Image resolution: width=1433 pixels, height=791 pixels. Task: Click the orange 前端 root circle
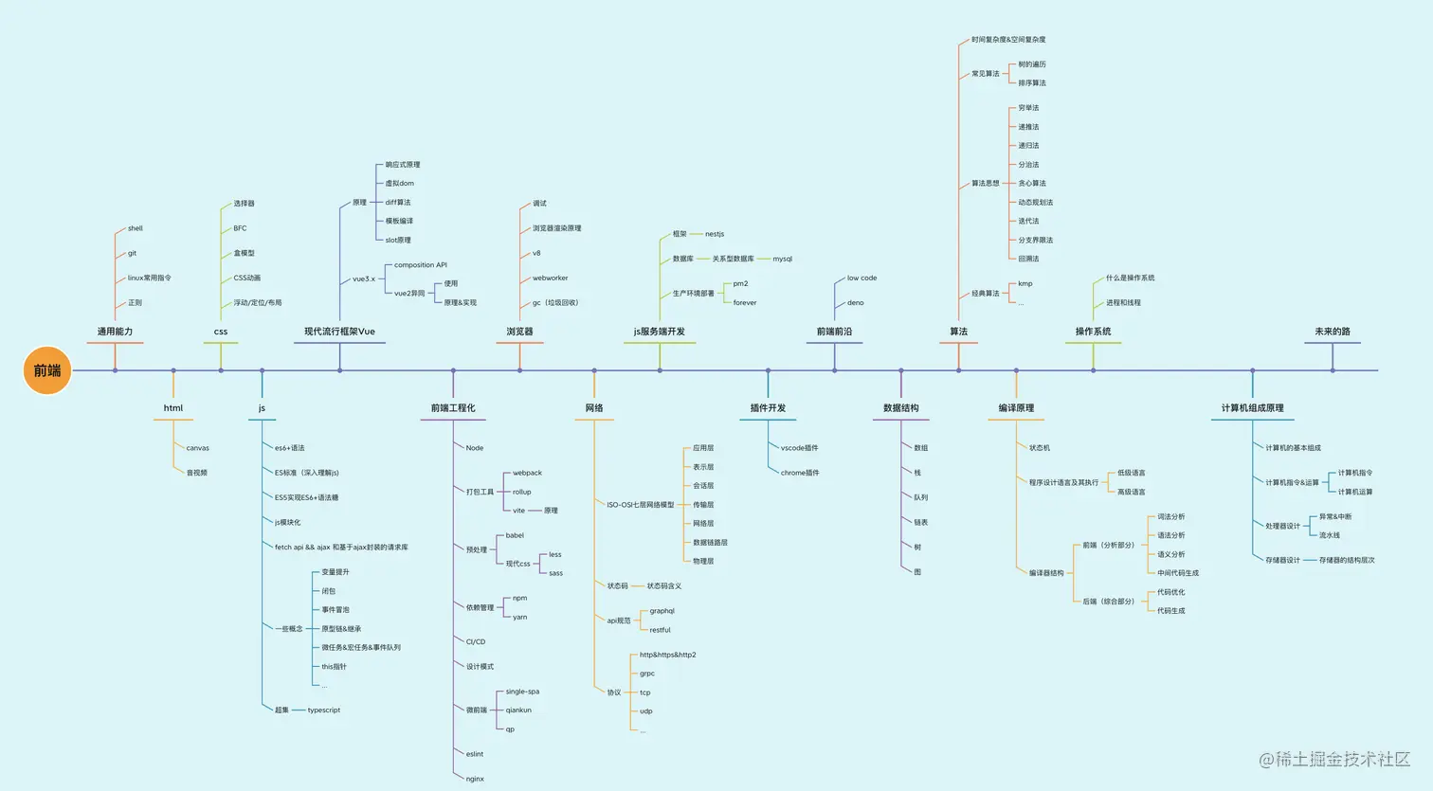pyautogui.click(x=47, y=370)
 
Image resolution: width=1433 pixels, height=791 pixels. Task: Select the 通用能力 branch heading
pyautogui.click(x=115, y=332)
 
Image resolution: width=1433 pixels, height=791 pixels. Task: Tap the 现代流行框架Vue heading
pyautogui.click(x=339, y=332)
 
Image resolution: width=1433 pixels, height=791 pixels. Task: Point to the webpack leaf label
pyautogui.click(x=527, y=473)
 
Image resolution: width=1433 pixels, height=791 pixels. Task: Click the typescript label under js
pyautogui.click(x=323, y=710)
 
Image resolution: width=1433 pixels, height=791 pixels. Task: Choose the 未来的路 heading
pyautogui.click(x=1332, y=332)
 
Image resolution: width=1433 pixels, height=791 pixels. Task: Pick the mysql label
pyautogui.click(x=782, y=259)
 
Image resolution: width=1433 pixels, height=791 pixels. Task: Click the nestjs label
pyautogui.click(x=714, y=234)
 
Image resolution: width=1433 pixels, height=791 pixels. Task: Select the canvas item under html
pyautogui.click(x=197, y=448)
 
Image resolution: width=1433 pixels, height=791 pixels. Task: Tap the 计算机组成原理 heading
pyautogui.click(x=1252, y=408)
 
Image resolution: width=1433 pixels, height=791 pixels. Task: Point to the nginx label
pyautogui.click(x=475, y=779)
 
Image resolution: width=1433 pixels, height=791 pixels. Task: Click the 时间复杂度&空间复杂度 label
pyautogui.click(x=1007, y=40)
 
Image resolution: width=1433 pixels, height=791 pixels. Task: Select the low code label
pyautogui.click(x=862, y=279)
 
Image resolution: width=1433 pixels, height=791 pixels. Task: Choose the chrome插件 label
pyautogui.click(x=800, y=473)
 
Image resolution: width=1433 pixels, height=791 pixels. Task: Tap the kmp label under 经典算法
pyautogui.click(x=1025, y=283)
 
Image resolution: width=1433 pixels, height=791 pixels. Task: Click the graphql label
pyautogui.click(x=662, y=611)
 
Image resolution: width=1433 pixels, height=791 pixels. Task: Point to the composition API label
pyautogui.click(x=420, y=265)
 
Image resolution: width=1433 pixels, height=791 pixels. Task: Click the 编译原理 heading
pyautogui.click(x=1016, y=408)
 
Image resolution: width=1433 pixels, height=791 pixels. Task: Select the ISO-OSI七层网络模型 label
pyautogui.click(x=640, y=505)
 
